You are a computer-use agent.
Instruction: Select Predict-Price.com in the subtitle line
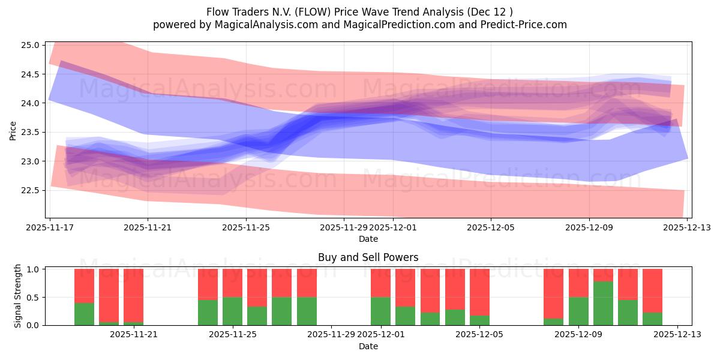coord(521,25)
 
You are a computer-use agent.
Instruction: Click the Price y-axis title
coord(13,130)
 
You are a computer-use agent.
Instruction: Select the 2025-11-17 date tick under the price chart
coord(50,227)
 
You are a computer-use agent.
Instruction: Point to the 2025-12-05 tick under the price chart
coord(491,227)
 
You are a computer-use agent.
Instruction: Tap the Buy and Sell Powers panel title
coord(368,257)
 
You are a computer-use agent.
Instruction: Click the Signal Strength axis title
coord(18,296)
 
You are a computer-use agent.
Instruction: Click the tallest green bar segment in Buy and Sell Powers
coord(603,304)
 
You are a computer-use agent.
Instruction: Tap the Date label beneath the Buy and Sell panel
coord(368,346)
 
